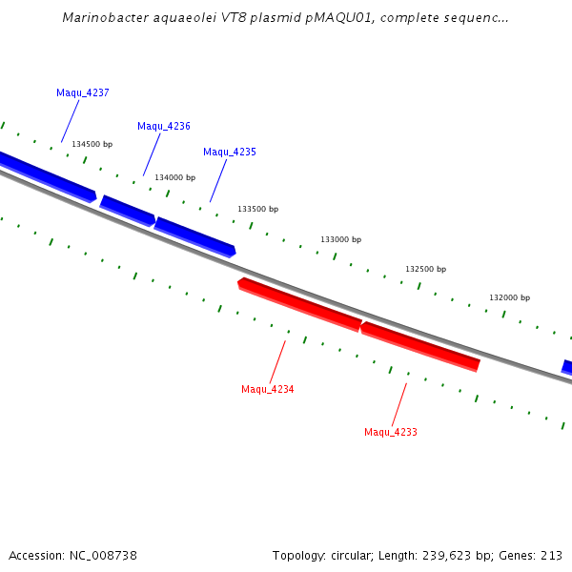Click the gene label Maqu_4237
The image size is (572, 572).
point(83,92)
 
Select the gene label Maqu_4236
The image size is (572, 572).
point(164,126)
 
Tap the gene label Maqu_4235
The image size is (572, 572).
point(230,152)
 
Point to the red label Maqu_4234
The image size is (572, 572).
point(268,389)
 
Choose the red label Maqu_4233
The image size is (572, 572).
point(391,432)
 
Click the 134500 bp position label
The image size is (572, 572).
point(92,144)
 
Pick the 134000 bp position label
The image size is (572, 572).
point(175,177)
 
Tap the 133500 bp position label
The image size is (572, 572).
point(258,209)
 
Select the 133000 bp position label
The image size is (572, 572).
point(341,240)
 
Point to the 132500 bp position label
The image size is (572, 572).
point(426,270)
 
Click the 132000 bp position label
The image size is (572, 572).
point(510,297)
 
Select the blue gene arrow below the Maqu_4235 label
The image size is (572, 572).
point(194,236)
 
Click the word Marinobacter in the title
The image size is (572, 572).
point(103,17)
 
